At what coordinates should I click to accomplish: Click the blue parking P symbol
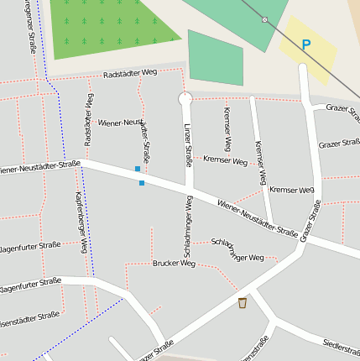coord(305,45)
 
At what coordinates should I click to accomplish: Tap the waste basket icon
coord(243,302)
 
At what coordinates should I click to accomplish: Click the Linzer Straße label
coord(188,144)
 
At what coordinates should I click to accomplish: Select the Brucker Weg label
coord(174,264)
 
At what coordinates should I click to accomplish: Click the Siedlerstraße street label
coord(341,345)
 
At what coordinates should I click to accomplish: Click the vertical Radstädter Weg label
coord(88,120)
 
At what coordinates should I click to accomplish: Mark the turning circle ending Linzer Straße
coord(185,99)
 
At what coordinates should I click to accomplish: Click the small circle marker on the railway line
coord(265,19)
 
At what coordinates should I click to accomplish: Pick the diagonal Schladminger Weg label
coord(237,249)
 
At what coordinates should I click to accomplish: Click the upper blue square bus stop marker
coord(138,169)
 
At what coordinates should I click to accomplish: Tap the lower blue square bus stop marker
coord(142,182)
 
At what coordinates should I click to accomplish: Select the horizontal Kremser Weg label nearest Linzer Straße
coord(226,160)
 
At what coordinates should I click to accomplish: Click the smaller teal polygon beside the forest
coord(216,58)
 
